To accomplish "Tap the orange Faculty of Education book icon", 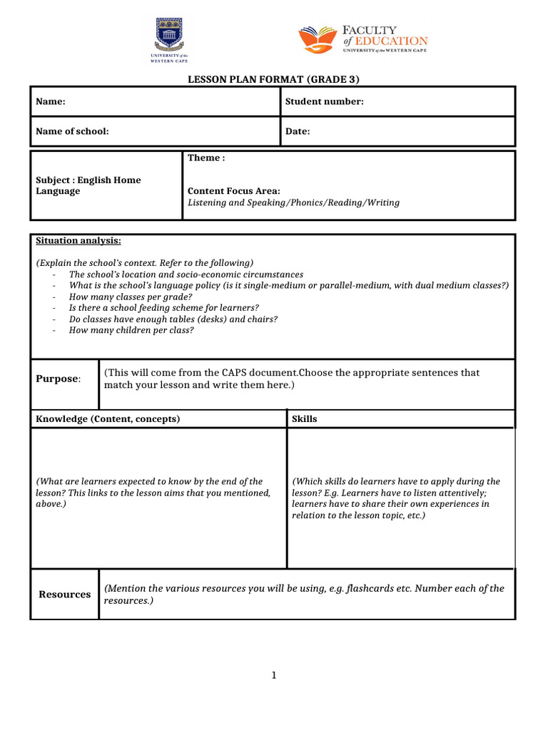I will [318, 40].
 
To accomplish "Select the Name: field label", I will [51, 102].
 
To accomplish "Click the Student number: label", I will [324, 102].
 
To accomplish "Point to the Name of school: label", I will [72, 132].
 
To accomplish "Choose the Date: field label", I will [298, 132].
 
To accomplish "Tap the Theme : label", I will [206, 158].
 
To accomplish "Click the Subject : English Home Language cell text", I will [88, 186].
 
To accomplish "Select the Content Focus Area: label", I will [233, 191].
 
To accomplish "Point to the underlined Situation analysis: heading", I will [78, 241].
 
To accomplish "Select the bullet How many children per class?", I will [131, 330].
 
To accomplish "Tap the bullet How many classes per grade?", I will [131, 297].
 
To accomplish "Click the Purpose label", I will [58, 379].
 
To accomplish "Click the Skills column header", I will [305, 419].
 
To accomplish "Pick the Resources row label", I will [65, 595].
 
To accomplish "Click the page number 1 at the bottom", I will [273, 676].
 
